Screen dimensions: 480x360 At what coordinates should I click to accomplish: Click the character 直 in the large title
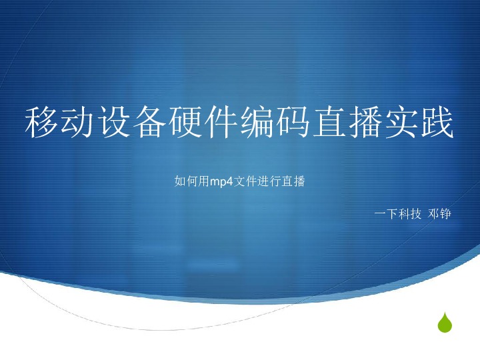[x=329, y=122]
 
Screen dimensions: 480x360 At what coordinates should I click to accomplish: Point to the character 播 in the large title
[x=365, y=122]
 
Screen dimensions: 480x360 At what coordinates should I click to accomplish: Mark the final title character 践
[x=437, y=122]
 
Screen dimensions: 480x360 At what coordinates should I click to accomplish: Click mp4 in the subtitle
[x=221, y=182]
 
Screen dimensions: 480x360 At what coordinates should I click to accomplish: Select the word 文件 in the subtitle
[x=245, y=181]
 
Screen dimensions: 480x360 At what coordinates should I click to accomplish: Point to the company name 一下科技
[x=398, y=214]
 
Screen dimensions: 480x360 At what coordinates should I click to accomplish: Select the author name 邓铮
[x=439, y=214]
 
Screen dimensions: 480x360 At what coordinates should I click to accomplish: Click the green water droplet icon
[x=445, y=323]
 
